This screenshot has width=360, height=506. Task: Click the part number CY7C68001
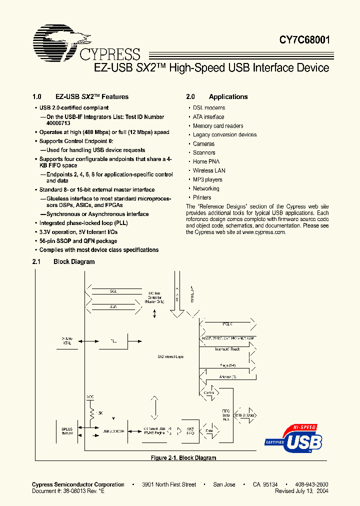tap(304, 40)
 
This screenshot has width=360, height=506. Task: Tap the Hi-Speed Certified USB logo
tap(293, 439)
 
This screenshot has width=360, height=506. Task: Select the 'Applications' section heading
tap(228, 97)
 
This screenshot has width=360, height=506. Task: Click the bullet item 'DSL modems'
tap(209, 108)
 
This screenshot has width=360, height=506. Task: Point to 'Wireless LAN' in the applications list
tap(209, 171)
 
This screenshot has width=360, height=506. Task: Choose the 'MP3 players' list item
tap(207, 180)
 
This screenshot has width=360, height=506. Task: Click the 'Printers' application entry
tap(202, 198)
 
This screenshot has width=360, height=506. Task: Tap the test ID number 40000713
tap(58, 123)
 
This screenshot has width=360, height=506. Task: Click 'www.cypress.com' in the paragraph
tap(263, 232)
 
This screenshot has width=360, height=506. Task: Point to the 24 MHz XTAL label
tap(66, 341)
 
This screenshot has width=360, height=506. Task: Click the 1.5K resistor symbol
tap(92, 412)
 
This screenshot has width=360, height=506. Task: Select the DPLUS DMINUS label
tap(66, 431)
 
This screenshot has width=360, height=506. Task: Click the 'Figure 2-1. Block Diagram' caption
tap(183, 458)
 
